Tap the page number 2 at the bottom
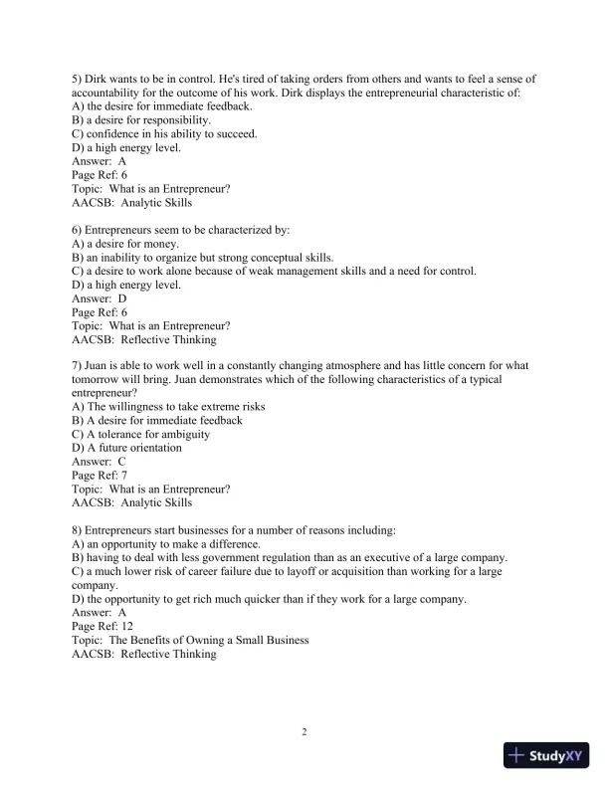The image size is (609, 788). (x=304, y=732)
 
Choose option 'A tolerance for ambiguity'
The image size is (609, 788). (x=147, y=434)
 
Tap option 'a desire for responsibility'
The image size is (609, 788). (x=147, y=120)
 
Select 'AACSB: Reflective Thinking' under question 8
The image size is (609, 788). (x=144, y=654)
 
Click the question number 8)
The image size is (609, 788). (x=79, y=530)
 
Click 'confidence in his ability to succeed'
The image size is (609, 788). (x=163, y=133)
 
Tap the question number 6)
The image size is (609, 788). (x=79, y=230)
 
